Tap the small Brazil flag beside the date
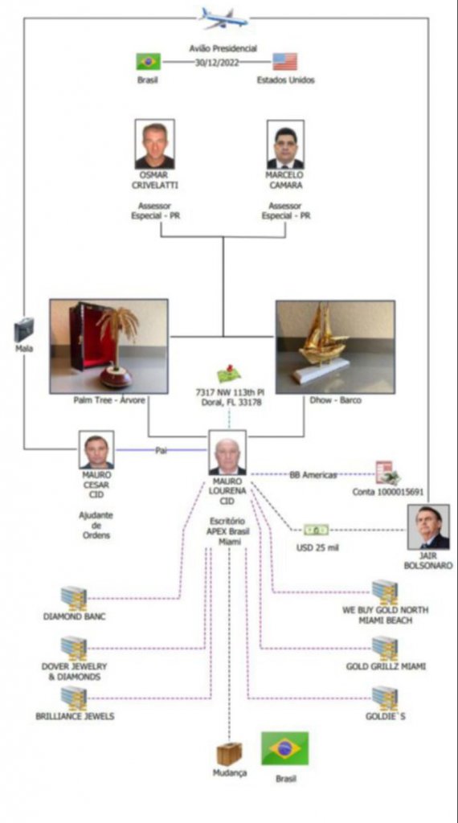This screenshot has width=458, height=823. (x=149, y=61)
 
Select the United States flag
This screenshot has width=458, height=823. (x=285, y=61)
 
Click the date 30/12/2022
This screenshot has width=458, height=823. (x=217, y=61)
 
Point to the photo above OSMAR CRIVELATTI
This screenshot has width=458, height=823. (x=155, y=144)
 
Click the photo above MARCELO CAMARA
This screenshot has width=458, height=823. (x=285, y=145)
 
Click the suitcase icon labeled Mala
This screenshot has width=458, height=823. (x=23, y=330)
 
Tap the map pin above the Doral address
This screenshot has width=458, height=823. (x=229, y=374)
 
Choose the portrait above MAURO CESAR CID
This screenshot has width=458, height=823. (x=96, y=450)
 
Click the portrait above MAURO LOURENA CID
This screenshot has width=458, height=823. (x=227, y=453)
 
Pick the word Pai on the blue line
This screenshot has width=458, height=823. (x=161, y=450)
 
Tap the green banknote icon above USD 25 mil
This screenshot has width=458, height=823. (x=317, y=530)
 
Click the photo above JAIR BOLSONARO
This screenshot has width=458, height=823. (x=428, y=527)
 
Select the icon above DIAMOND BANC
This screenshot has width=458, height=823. (x=74, y=598)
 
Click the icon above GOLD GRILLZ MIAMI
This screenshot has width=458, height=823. (x=385, y=649)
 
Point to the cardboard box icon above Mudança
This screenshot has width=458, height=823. (x=229, y=754)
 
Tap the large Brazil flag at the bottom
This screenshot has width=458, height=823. (x=285, y=749)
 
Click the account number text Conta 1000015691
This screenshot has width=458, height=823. (x=388, y=492)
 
